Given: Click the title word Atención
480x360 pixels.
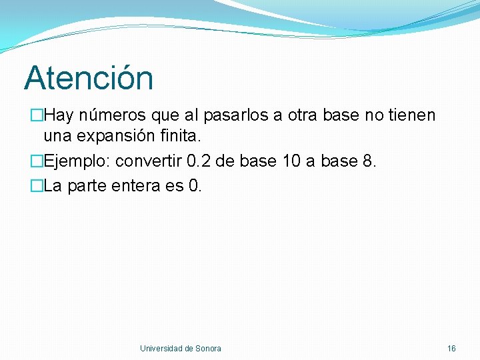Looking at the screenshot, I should [x=89, y=78].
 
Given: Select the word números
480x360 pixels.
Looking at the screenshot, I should [x=113, y=116].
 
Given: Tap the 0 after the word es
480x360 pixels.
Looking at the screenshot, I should [x=194, y=186].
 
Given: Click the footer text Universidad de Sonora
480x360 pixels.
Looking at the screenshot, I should [x=181, y=348].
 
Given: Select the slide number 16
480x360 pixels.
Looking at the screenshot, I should [x=451, y=348].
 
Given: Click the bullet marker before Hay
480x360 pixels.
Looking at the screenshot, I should [x=38, y=116].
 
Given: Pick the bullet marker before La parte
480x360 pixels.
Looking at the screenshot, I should [x=38, y=186].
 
